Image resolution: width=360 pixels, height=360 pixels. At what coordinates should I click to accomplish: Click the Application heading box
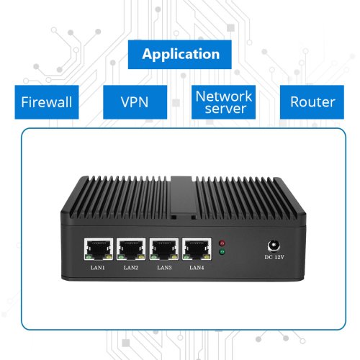(180, 55)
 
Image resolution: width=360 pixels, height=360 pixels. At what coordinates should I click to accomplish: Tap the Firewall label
(47, 102)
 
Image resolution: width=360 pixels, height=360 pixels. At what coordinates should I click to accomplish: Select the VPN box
(135, 102)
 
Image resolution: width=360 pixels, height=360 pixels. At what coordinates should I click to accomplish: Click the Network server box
(223, 102)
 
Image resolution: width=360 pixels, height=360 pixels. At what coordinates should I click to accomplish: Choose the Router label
(312, 102)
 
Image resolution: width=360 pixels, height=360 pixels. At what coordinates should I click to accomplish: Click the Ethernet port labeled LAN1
(99, 249)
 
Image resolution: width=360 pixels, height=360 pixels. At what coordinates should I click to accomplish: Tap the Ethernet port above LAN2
(131, 249)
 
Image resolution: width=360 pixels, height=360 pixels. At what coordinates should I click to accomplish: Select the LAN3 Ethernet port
(164, 249)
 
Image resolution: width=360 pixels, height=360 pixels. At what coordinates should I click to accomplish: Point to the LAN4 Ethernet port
(197, 249)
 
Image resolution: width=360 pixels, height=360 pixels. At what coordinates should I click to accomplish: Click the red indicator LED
(222, 243)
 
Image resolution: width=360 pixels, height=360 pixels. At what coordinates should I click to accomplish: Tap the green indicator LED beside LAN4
(222, 252)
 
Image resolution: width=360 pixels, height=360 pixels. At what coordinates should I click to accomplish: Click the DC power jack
(274, 246)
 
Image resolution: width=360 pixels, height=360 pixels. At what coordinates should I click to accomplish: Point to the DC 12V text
(274, 257)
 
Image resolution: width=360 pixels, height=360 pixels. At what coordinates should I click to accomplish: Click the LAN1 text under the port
(98, 268)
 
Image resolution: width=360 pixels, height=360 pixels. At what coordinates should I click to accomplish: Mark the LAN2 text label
(131, 268)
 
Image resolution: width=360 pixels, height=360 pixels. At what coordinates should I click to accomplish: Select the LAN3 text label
(164, 268)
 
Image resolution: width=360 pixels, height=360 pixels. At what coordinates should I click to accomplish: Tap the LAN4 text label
(197, 268)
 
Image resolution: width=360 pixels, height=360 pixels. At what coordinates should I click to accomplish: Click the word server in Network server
(225, 109)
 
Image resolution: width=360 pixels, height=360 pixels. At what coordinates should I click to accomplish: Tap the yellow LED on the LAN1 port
(109, 257)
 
